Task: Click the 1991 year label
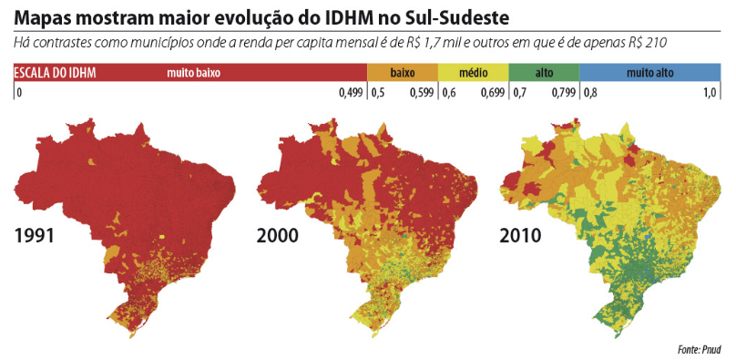coord(35,236)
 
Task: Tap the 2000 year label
coord(278,236)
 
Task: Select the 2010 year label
coord(521,236)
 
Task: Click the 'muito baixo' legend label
coord(194,72)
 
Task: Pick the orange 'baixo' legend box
coord(402,72)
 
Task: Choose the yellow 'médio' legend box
coord(473,72)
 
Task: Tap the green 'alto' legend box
coord(544,72)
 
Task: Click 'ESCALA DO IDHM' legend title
coord(56,72)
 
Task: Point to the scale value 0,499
coord(351,92)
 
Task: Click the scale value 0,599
coord(422,92)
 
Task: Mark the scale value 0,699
coord(493,92)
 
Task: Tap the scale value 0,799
coord(564,92)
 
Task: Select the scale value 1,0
coord(710,92)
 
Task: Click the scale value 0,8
coord(590,92)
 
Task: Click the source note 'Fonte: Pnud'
coord(699,349)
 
